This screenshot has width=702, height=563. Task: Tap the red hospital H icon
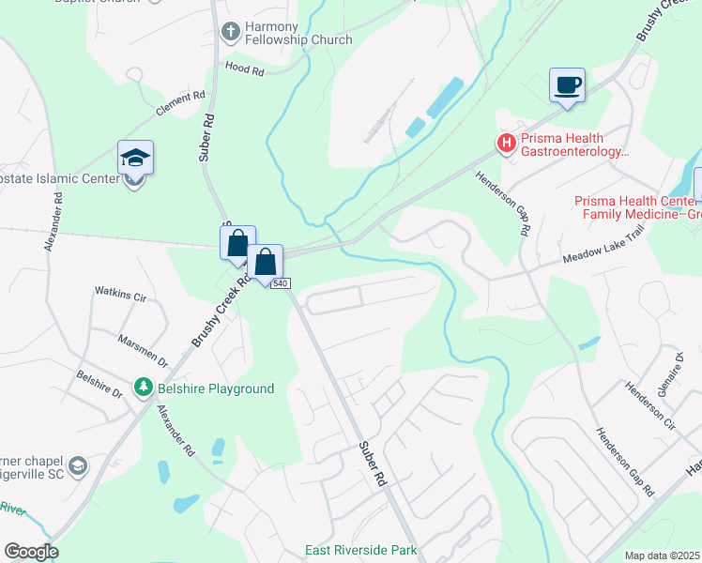507,144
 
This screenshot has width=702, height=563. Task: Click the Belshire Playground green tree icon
143,388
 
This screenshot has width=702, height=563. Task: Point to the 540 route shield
281,283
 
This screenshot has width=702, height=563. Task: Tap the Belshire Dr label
99,387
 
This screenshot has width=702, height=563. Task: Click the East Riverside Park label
360,550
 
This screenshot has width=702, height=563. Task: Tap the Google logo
31,552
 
